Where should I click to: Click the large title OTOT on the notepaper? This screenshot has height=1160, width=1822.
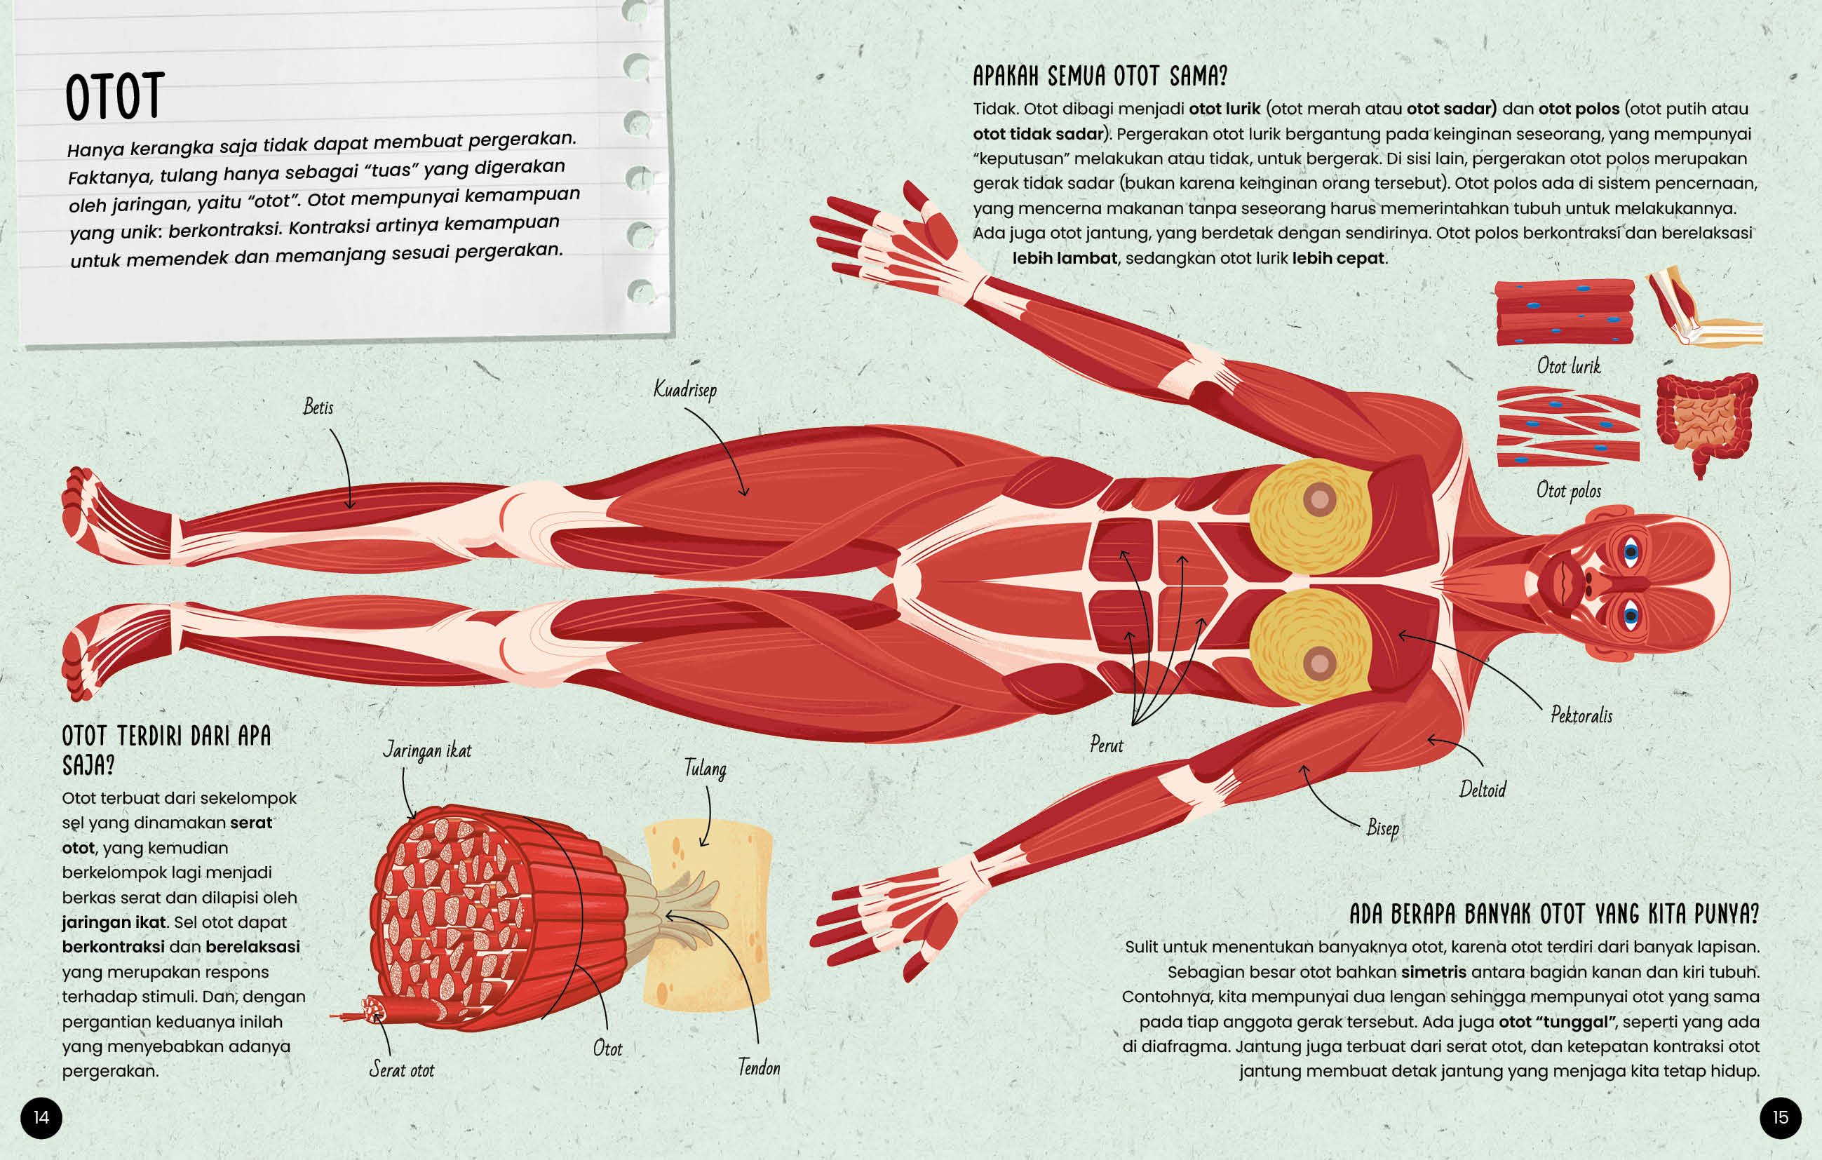pyautogui.click(x=114, y=97)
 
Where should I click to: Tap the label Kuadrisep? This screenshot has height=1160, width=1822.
pyautogui.click(x=684, y=390)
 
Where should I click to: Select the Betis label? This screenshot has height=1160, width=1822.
pyautogui.click(x=318, y=407)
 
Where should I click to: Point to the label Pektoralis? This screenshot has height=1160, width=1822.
pyautogui.click(x=1581, y=715)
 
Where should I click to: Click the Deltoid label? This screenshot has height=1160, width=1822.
pyautogui.click(x=1483, y=790)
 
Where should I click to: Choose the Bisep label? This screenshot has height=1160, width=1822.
pyautogui.click(x=1382, y=828)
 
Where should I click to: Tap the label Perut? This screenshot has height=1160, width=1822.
pyautogui.click(x=1106, y=746)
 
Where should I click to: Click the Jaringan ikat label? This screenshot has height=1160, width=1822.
pyautogui.click(x=427, y=750)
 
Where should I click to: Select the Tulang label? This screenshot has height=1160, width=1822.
pyautogui.click(x=706, y=769)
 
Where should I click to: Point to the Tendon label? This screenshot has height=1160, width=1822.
pyautogui.click(x=759, y=1067)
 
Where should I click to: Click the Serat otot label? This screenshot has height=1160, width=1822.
pyautogui.click(x=402, y=1070)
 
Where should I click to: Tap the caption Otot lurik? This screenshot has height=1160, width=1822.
pyautogui.click(x=1569, y=366)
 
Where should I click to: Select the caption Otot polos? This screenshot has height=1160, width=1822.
pyautogui.click(x=1569, y=490)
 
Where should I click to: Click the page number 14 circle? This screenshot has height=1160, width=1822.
pyautogui.click(x=41, y=1118)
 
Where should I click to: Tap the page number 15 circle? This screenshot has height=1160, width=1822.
pyautogui.click(x=1781, y=1118)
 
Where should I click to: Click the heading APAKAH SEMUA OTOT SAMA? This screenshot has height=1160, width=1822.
pyautogui.click(x=1100, y=76)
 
